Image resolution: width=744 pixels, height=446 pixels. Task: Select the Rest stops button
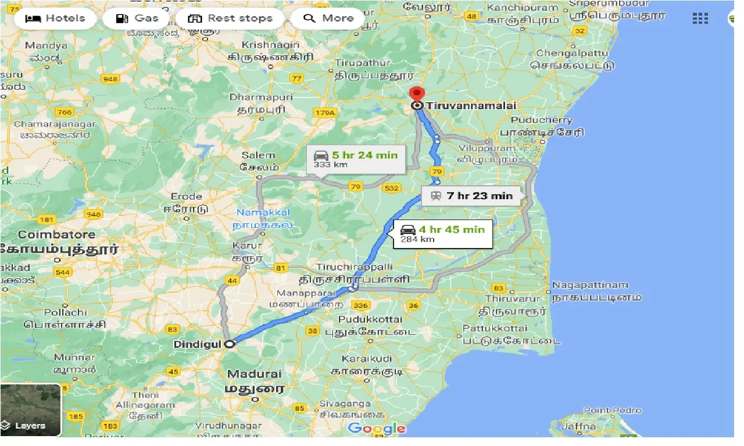tap(231, 18)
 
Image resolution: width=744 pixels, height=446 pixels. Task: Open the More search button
tap(328, 18)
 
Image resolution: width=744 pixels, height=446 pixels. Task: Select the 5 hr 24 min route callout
tap(356, 159)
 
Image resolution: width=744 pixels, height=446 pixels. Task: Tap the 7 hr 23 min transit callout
tap(471, 196)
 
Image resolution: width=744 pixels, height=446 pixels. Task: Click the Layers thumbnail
tap(30, 411)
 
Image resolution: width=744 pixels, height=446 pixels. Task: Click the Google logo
tap(377, 429)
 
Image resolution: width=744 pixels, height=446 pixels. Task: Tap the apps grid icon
tap(700, 18)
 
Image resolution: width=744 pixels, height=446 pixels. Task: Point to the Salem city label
tap(258, 155)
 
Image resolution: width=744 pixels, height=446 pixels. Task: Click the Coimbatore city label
tap(56, 235)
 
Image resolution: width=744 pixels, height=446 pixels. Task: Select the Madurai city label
tap(254, 374)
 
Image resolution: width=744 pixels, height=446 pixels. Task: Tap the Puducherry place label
tap(541, 120)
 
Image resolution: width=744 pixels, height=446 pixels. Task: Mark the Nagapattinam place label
tap(590, 285)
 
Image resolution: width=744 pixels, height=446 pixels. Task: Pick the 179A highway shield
tap(324, 113)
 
